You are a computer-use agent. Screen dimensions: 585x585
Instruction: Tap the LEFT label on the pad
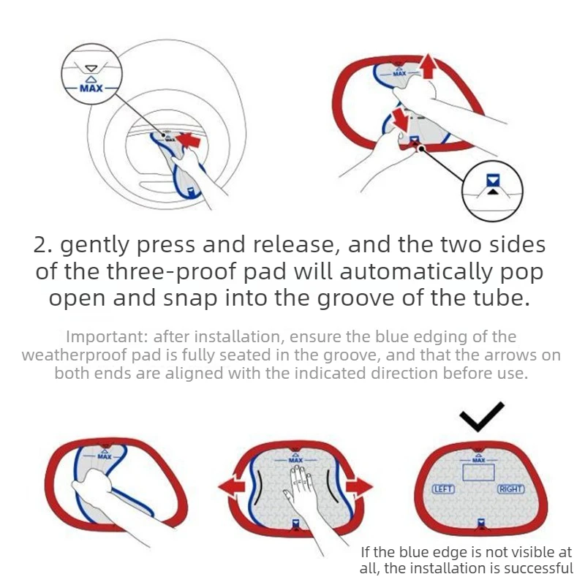443,488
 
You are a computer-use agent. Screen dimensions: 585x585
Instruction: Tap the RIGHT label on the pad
511,488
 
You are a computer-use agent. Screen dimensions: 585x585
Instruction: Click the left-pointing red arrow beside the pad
232,487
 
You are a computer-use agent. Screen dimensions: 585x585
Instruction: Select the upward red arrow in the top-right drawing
428,66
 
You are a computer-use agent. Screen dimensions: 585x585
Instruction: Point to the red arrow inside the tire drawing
188,140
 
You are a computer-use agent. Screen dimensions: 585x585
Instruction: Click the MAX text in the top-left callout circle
91,88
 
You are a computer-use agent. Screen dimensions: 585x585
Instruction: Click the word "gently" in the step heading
95,246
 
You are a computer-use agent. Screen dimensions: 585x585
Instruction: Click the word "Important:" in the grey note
107,336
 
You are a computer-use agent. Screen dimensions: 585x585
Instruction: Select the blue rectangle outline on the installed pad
478,472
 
